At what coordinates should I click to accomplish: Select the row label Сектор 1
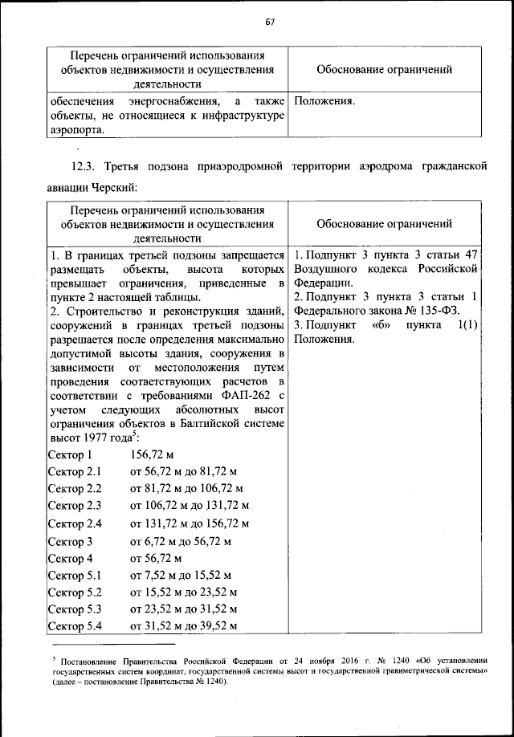(x=70, y=455)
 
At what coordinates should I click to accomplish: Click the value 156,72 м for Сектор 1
(x=152, y=455)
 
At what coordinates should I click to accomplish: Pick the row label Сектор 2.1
(x=74, y=472)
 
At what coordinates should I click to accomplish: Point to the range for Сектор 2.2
(x=186, y=489)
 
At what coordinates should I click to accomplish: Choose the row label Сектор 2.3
(x=74, y=506)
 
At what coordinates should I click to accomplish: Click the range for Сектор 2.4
(x=190, y=523)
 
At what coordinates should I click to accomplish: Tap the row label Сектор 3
(x=70, y=541)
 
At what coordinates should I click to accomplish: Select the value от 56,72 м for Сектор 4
(x=157, y=558)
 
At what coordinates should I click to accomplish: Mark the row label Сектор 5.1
(x=74, y=576)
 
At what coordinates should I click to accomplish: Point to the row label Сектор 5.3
(x=74, y=609)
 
